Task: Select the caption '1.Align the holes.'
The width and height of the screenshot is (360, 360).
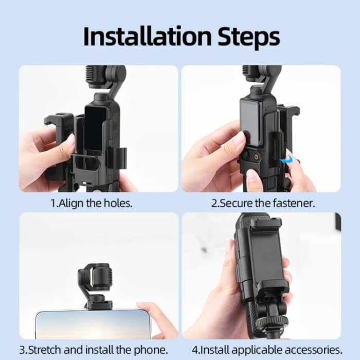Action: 91,203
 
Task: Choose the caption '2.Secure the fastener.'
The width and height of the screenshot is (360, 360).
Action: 263,203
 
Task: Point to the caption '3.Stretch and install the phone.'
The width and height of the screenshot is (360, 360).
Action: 94,350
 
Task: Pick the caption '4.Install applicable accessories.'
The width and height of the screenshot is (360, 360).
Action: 267,350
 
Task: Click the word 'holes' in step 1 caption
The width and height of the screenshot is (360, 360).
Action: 118,203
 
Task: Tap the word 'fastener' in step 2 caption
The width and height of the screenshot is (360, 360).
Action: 295,203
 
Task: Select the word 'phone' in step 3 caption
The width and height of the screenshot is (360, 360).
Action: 152,350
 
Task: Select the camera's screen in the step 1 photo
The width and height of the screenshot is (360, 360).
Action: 95,129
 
